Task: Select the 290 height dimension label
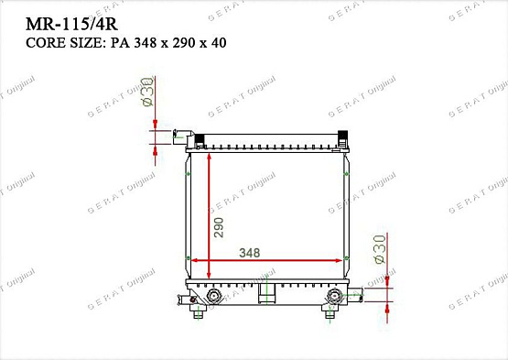tap(219, 226)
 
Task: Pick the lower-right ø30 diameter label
tap(379, 249)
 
